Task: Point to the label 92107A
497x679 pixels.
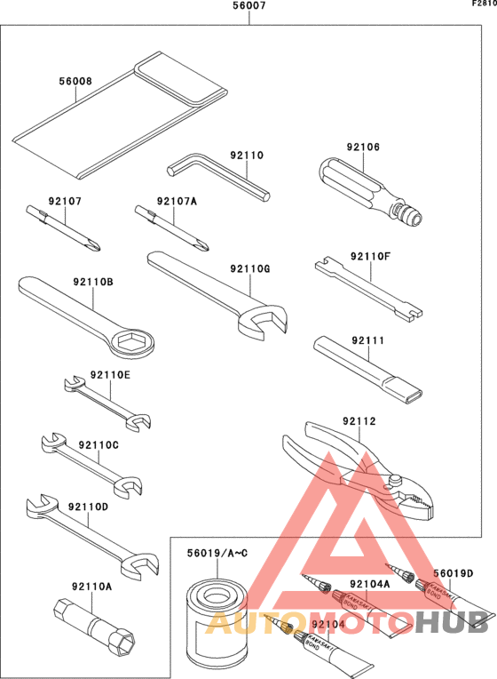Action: (177, 201)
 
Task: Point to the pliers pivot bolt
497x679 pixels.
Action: (391, 483)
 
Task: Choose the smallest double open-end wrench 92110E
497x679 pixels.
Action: (105, 400)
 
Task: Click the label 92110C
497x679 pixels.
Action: (98, 444)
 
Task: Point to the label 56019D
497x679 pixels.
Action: (453, 572)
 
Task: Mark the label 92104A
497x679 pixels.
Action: (370, 584)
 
